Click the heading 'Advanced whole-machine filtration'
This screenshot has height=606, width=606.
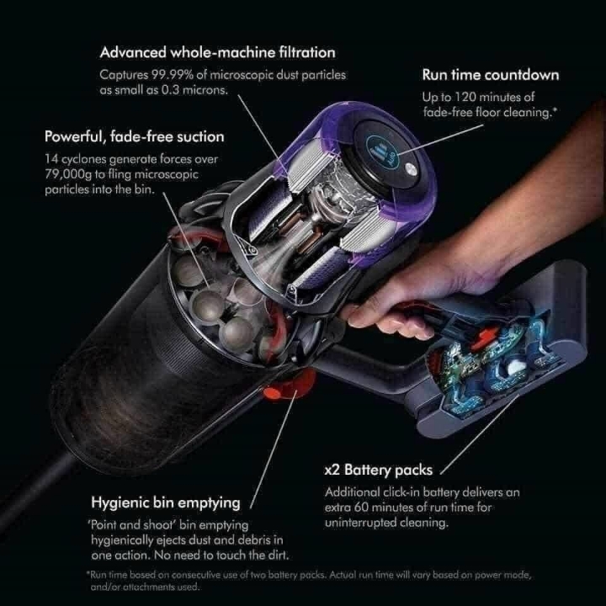pos(218,52)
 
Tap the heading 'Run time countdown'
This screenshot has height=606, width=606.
pos(491,75)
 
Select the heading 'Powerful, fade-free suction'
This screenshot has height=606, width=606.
pos(134,137)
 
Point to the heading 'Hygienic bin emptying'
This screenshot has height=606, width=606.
pos(166,502)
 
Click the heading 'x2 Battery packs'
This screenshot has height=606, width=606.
pos(379,470)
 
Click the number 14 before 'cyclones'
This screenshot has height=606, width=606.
pos(51,159)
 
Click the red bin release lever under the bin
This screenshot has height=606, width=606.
pos(288,385)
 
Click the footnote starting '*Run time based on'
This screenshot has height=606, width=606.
pos(308,581)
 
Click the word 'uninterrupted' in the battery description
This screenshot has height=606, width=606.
pos(354,523)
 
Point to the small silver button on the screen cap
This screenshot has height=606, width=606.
pos(410,168)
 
